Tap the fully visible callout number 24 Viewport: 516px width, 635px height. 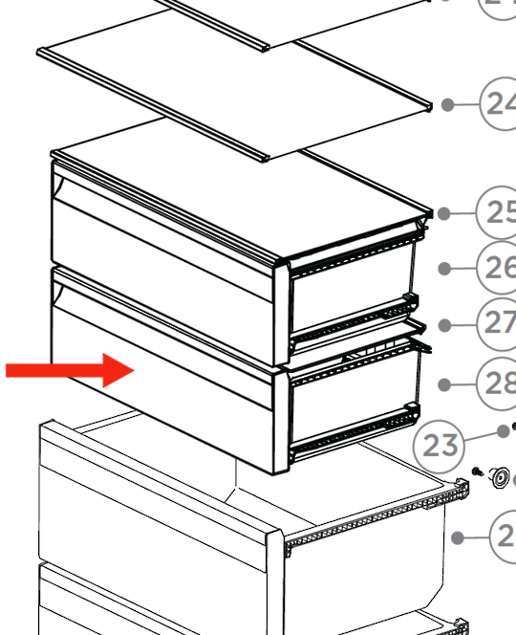pos(500,104)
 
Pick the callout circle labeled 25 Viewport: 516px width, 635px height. pos(500,212)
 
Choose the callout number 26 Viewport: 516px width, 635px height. pos(500,269)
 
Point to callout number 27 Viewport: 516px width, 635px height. pos(500,324)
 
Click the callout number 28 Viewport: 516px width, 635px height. pos(500,384)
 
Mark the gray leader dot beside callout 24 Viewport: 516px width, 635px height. pos(444,105)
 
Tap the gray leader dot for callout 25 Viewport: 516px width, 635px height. pos(443,213)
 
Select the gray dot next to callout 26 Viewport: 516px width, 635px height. pos(444,269)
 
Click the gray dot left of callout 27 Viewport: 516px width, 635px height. pos(443,325)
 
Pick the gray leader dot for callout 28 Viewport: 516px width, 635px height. pos(444,384)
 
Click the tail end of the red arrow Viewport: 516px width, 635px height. pos(8,370)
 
